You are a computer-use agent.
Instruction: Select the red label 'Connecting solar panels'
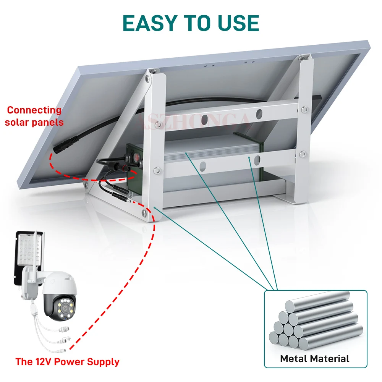coord(34,116)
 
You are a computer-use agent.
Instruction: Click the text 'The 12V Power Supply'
coord(67,362)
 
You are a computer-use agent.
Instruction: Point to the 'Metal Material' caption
coord(315,359)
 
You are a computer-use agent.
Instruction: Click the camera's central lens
coord(64,307)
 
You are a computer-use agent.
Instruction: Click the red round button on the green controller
coord(136,157)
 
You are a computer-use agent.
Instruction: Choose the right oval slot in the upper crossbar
coord(259,113)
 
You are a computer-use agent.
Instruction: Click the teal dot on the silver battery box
coord(186,153)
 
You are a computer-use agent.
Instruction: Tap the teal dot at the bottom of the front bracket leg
coord(154,207)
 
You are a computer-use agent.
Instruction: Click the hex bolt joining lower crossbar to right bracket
coord(303,154)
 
